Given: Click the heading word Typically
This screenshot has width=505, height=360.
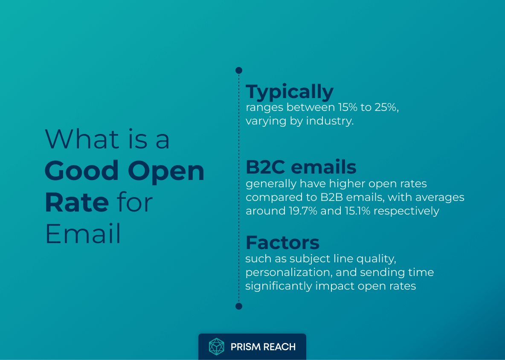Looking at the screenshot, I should coord(290,92).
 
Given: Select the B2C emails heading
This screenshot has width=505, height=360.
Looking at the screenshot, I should coord(301,167).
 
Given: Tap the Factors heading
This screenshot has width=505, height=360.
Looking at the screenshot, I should coord(282,243).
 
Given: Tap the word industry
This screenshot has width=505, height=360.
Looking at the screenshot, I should coord(332,121).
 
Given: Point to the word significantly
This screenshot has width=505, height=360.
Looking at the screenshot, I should coord(279,286).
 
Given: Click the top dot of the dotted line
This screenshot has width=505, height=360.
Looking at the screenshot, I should coord(239,70).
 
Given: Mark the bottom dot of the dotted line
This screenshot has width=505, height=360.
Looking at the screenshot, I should coord(239,306).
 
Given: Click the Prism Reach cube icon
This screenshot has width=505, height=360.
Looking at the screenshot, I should coord(216,347).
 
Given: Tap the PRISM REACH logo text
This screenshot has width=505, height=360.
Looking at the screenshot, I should coord(263,347).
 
